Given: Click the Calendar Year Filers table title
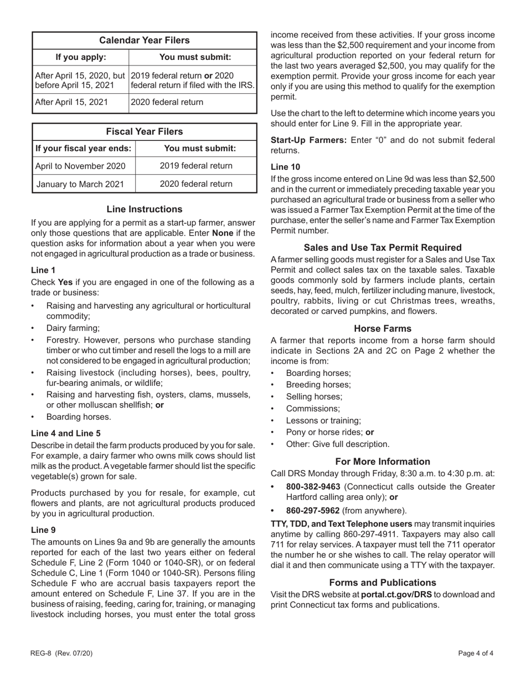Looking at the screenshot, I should [144, 40].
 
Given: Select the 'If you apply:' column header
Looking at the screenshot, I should [81, 57].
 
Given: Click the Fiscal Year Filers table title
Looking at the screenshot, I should [144, 131].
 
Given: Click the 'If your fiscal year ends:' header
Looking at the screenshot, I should [84, 148].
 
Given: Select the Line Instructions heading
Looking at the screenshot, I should [144, 209].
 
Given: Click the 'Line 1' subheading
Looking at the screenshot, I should [43, 270].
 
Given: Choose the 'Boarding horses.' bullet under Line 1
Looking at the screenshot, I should [79, 416].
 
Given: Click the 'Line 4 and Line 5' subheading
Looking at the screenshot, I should [66, 433].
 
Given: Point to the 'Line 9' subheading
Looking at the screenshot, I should [43, 530].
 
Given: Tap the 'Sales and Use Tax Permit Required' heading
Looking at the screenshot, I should [383, 247].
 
